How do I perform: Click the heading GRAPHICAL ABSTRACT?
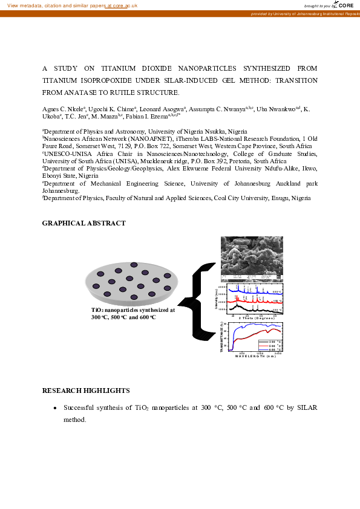pos(83,224)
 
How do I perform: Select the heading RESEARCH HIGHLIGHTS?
pos(86,391)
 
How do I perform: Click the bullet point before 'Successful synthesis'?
pos(55,408)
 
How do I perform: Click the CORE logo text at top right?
pos(345,5)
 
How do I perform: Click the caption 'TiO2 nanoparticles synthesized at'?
pos(133,310)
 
